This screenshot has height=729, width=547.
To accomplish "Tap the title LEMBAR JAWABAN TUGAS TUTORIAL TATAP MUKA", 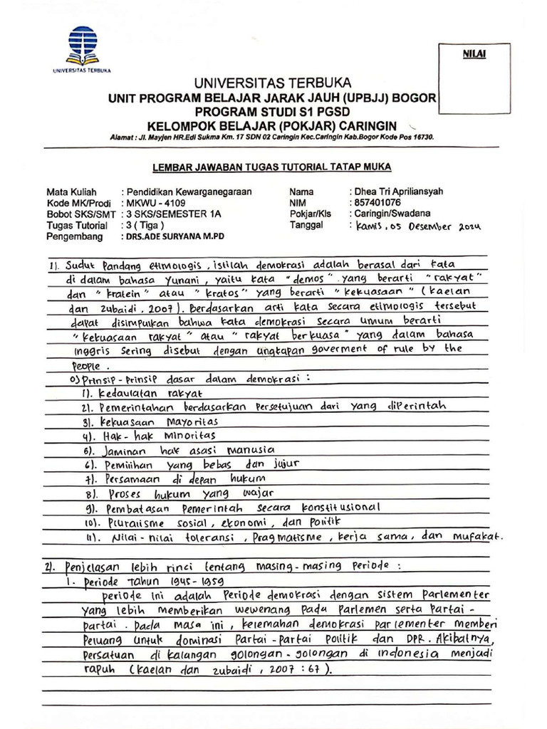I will (271, 166).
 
